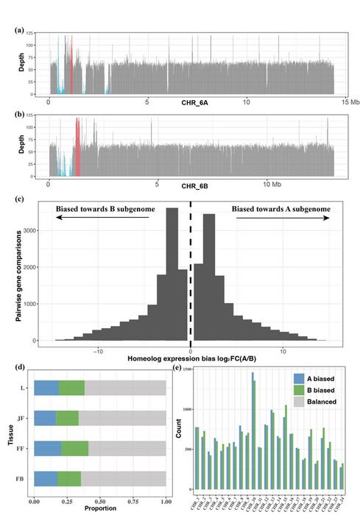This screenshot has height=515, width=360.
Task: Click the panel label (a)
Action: [x=21, y=31]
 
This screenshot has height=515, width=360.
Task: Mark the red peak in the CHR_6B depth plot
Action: [x=77, y=143]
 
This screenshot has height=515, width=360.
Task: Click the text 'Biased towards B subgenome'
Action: [x=105, y=210]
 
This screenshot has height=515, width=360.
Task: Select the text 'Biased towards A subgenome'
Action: [x=280, y=210]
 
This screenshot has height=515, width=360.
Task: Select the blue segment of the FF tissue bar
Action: [x=48, y=447]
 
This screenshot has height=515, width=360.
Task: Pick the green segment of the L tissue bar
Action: [x=71, y=388]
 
